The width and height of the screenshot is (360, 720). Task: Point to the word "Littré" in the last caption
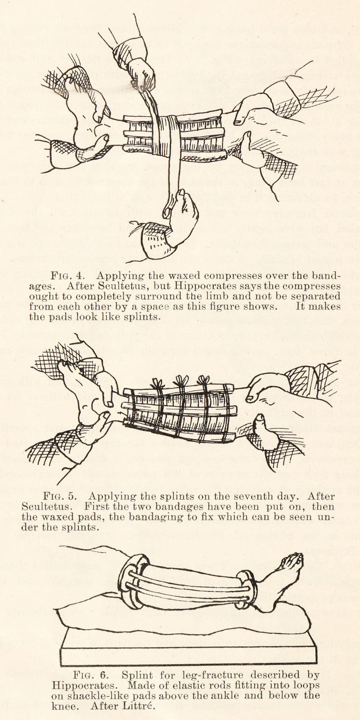(x=140, y=706)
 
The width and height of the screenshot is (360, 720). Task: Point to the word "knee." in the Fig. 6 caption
(x=66, y=706)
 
